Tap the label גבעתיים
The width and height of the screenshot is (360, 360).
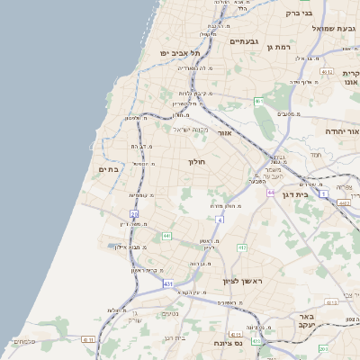243,41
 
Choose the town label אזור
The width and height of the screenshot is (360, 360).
225,133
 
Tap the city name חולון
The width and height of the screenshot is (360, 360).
197,162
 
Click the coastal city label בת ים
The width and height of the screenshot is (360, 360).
108,168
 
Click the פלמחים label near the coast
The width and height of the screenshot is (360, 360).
24,342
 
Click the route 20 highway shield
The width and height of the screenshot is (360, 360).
134,213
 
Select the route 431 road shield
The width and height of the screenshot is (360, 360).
168,283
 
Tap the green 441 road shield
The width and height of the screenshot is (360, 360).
166,236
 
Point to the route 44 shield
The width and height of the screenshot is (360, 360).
270,192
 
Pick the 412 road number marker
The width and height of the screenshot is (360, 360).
242,247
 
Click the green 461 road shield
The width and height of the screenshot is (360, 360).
257,102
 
